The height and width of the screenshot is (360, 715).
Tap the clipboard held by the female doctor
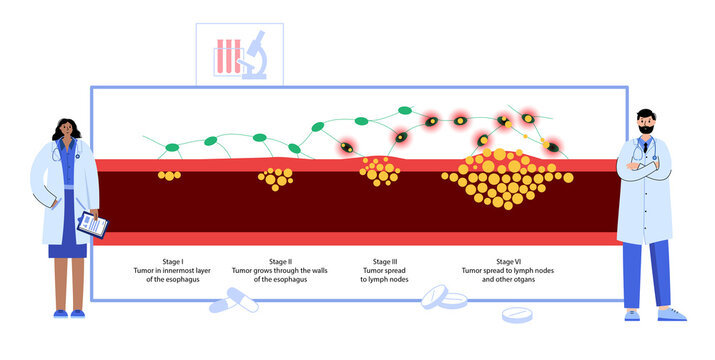click(92, 224)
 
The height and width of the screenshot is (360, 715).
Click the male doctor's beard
click(645, 130)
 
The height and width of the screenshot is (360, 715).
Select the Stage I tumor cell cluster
click(170, 175)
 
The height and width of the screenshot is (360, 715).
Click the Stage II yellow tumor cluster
click(275, 178)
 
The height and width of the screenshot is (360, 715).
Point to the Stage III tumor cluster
click(380, 172)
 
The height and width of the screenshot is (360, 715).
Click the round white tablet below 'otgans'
click(517, 314)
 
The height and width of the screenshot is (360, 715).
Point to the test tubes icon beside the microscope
click(225, 56)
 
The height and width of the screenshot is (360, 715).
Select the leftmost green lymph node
click(171, 149)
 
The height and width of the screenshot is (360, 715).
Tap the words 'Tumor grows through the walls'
click(280, 270)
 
